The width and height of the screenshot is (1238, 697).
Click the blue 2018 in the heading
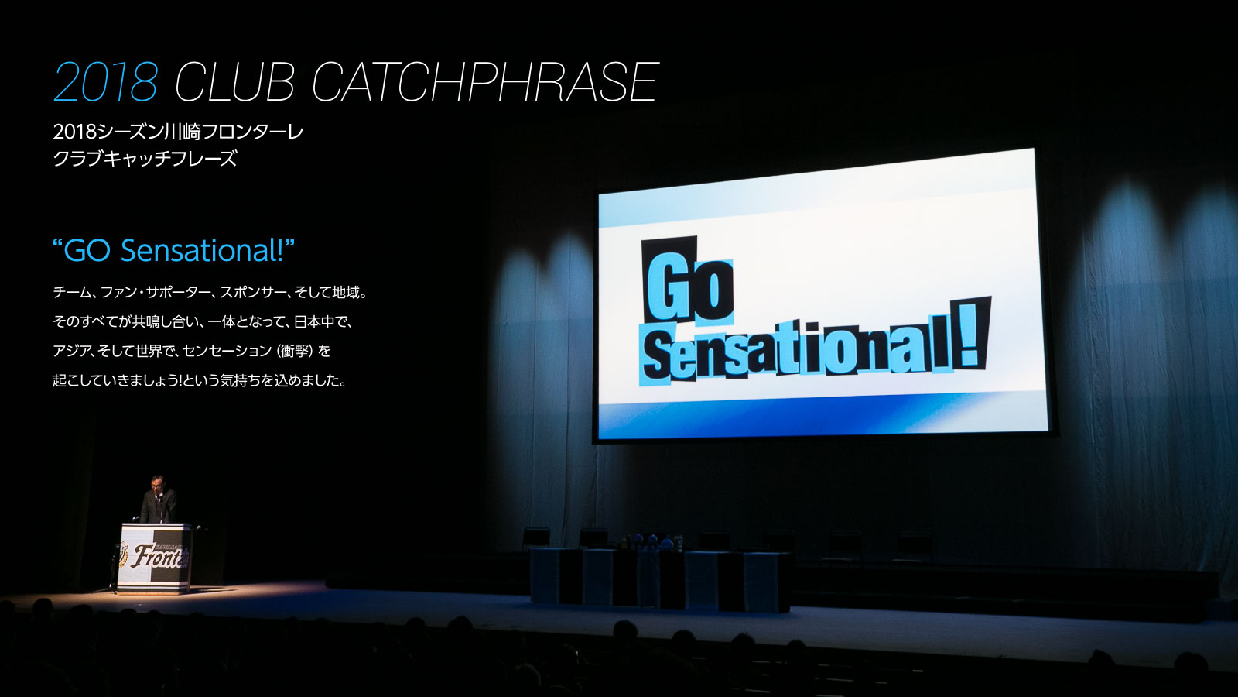coord(105,82)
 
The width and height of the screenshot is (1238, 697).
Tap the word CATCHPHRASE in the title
coord(485,82)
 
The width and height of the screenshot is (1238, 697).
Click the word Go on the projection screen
coord(688,282)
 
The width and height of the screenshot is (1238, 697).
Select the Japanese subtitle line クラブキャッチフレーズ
coord(145,160)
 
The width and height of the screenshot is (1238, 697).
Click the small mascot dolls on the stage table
coord(652,542)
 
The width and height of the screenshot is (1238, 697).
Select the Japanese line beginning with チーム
coord(210,292)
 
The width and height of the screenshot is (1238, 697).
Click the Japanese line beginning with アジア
coord(192,351)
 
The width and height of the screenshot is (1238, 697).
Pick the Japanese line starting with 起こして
coord(200,380)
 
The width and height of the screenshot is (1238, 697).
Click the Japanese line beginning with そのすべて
coord(202,321)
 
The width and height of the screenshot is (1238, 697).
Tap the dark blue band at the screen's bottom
coord(823,415)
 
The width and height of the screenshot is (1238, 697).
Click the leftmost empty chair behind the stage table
coord(536,537)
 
